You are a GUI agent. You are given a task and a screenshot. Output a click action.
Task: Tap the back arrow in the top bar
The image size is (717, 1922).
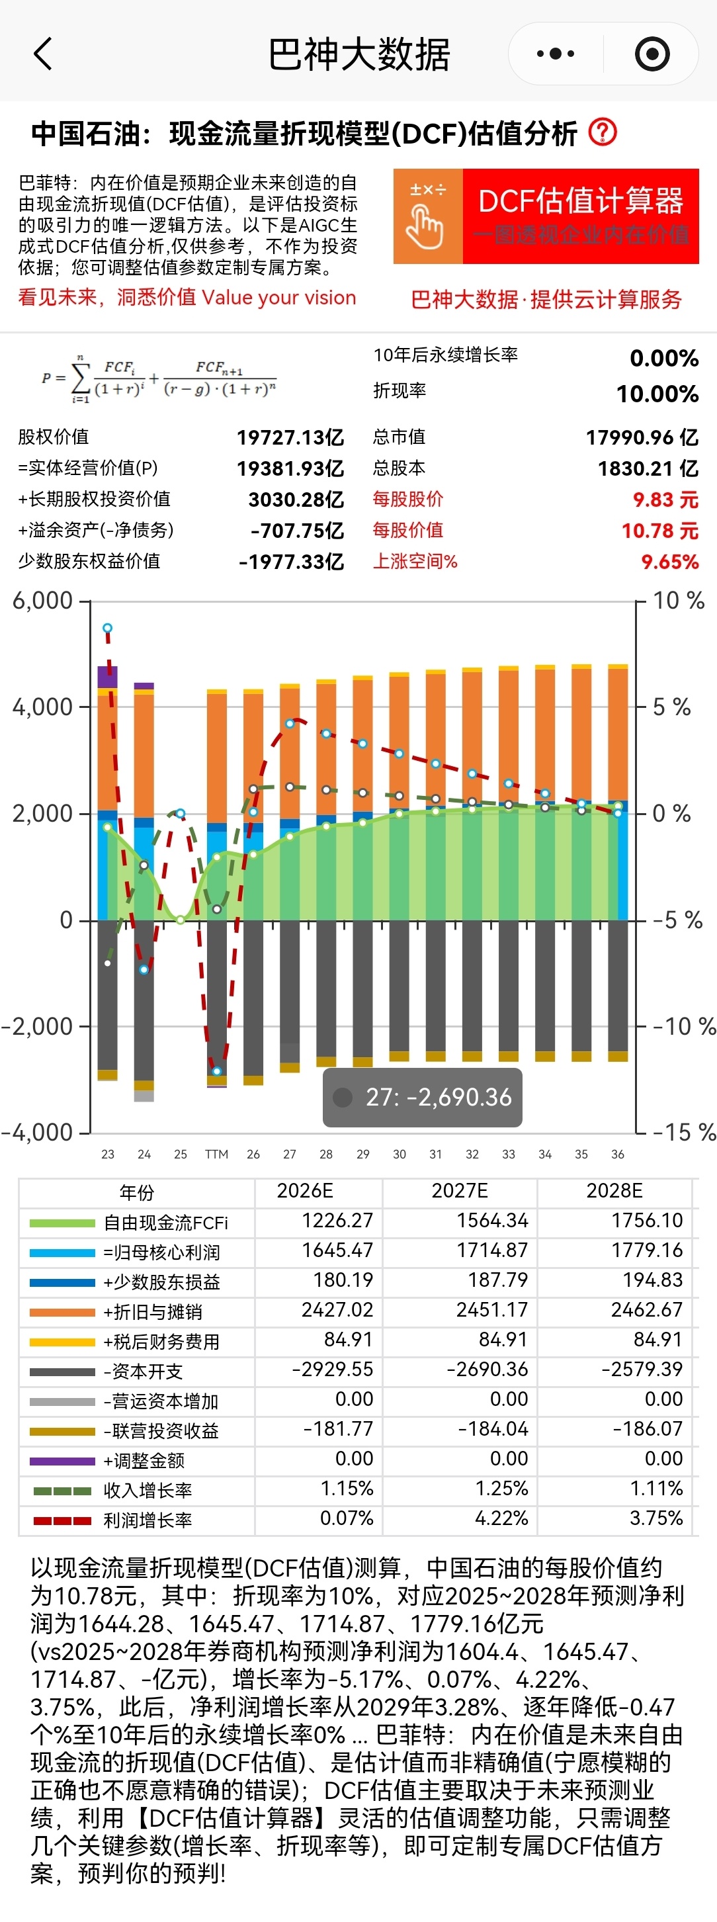coord(43,54)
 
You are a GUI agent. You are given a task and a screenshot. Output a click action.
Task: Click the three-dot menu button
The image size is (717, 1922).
coord(556,54)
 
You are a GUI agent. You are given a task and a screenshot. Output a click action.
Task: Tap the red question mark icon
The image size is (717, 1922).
coord(603,133)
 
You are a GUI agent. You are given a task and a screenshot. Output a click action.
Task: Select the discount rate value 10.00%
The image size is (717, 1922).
coord(657,394)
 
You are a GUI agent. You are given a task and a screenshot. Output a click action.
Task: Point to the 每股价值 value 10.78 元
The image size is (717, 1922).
coord(659,531)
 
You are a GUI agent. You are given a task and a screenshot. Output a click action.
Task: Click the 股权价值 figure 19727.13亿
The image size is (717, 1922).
coord(290,437)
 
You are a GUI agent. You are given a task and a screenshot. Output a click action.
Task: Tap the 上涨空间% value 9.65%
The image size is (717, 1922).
coord(669,562)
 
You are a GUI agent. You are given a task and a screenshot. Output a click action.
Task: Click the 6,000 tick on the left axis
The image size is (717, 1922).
coord(42,601)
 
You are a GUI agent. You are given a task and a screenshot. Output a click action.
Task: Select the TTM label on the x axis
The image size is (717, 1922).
coord(216,1155)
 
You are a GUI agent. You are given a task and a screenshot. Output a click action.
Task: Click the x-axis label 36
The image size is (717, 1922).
coord(618,1155)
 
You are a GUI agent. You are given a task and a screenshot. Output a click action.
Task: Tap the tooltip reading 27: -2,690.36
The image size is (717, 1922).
coord(422,1097)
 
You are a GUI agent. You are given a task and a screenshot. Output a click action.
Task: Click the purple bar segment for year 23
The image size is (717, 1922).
coord(107,676)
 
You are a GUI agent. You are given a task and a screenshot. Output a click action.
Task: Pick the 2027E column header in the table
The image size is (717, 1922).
coord(460,1190)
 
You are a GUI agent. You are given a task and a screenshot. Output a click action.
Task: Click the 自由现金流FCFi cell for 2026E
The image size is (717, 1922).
coord(337,1221)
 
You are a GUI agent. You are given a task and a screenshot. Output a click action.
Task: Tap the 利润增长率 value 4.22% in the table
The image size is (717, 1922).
coord(501,1518)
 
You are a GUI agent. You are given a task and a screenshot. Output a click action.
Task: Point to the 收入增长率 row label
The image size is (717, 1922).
coord(148,1491)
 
